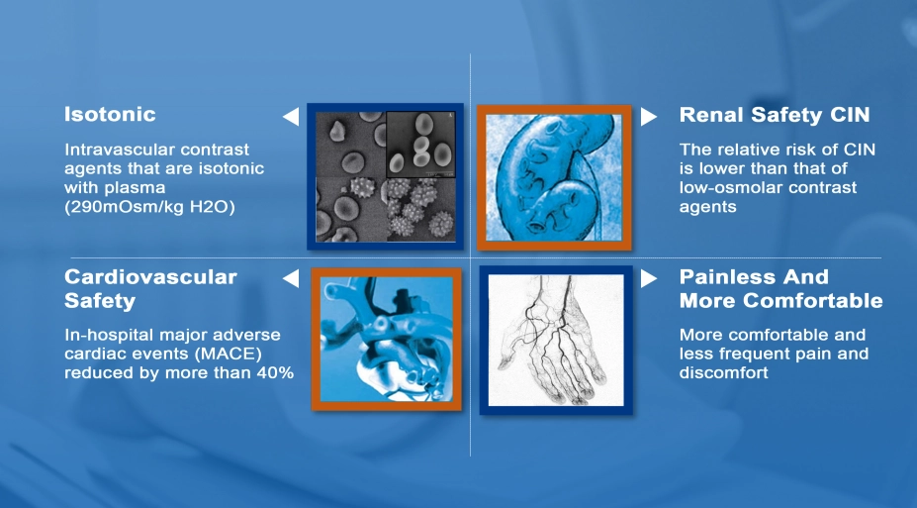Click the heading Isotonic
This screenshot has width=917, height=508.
click(x=110, y=115)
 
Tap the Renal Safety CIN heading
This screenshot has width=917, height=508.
click(x=775, y=116)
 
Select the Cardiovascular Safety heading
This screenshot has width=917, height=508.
click(x=150, y=288)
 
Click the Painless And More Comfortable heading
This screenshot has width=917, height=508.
click(x=780, y=288)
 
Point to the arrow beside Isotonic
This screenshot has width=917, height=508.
click(x=291, y=117)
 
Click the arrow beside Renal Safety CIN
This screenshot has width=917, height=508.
click(x=648, y=117)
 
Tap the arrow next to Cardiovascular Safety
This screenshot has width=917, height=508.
click(x=291, y=279)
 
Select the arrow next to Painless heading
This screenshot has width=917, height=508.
click(x=648, y=279)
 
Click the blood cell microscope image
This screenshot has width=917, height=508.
click(x=385, y=174)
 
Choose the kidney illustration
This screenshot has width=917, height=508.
click(x=555, y=176)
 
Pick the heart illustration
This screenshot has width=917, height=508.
click(x=386, y=338)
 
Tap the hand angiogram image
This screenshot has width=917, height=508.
click(x=555, y=339)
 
